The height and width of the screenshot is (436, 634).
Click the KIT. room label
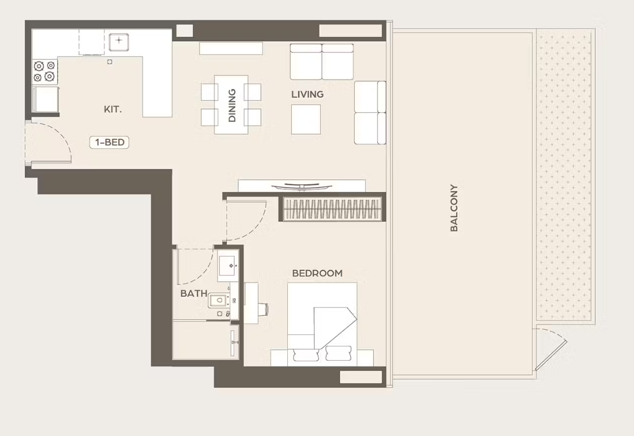(x=113, y=109)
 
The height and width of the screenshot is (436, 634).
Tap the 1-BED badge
(x=110, y=142)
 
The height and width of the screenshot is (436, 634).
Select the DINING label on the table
(x=232, y=106)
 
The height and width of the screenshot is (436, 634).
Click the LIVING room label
(x=308, y=94)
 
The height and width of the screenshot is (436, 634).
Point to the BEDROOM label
(x=318, y=273)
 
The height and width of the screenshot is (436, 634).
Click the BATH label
(x=194, y=293)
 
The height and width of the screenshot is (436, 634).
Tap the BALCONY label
(x=454, y=208)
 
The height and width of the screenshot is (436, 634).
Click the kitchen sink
(x=119, y=42)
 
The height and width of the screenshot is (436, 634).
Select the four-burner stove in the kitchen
(x=45, y=71)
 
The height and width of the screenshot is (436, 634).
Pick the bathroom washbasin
(x=228, y=265)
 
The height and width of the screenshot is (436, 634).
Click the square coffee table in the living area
(x=306, y=119)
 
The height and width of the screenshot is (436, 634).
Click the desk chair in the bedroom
(x=263, y=309)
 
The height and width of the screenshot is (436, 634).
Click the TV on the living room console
(x=302, y=187)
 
